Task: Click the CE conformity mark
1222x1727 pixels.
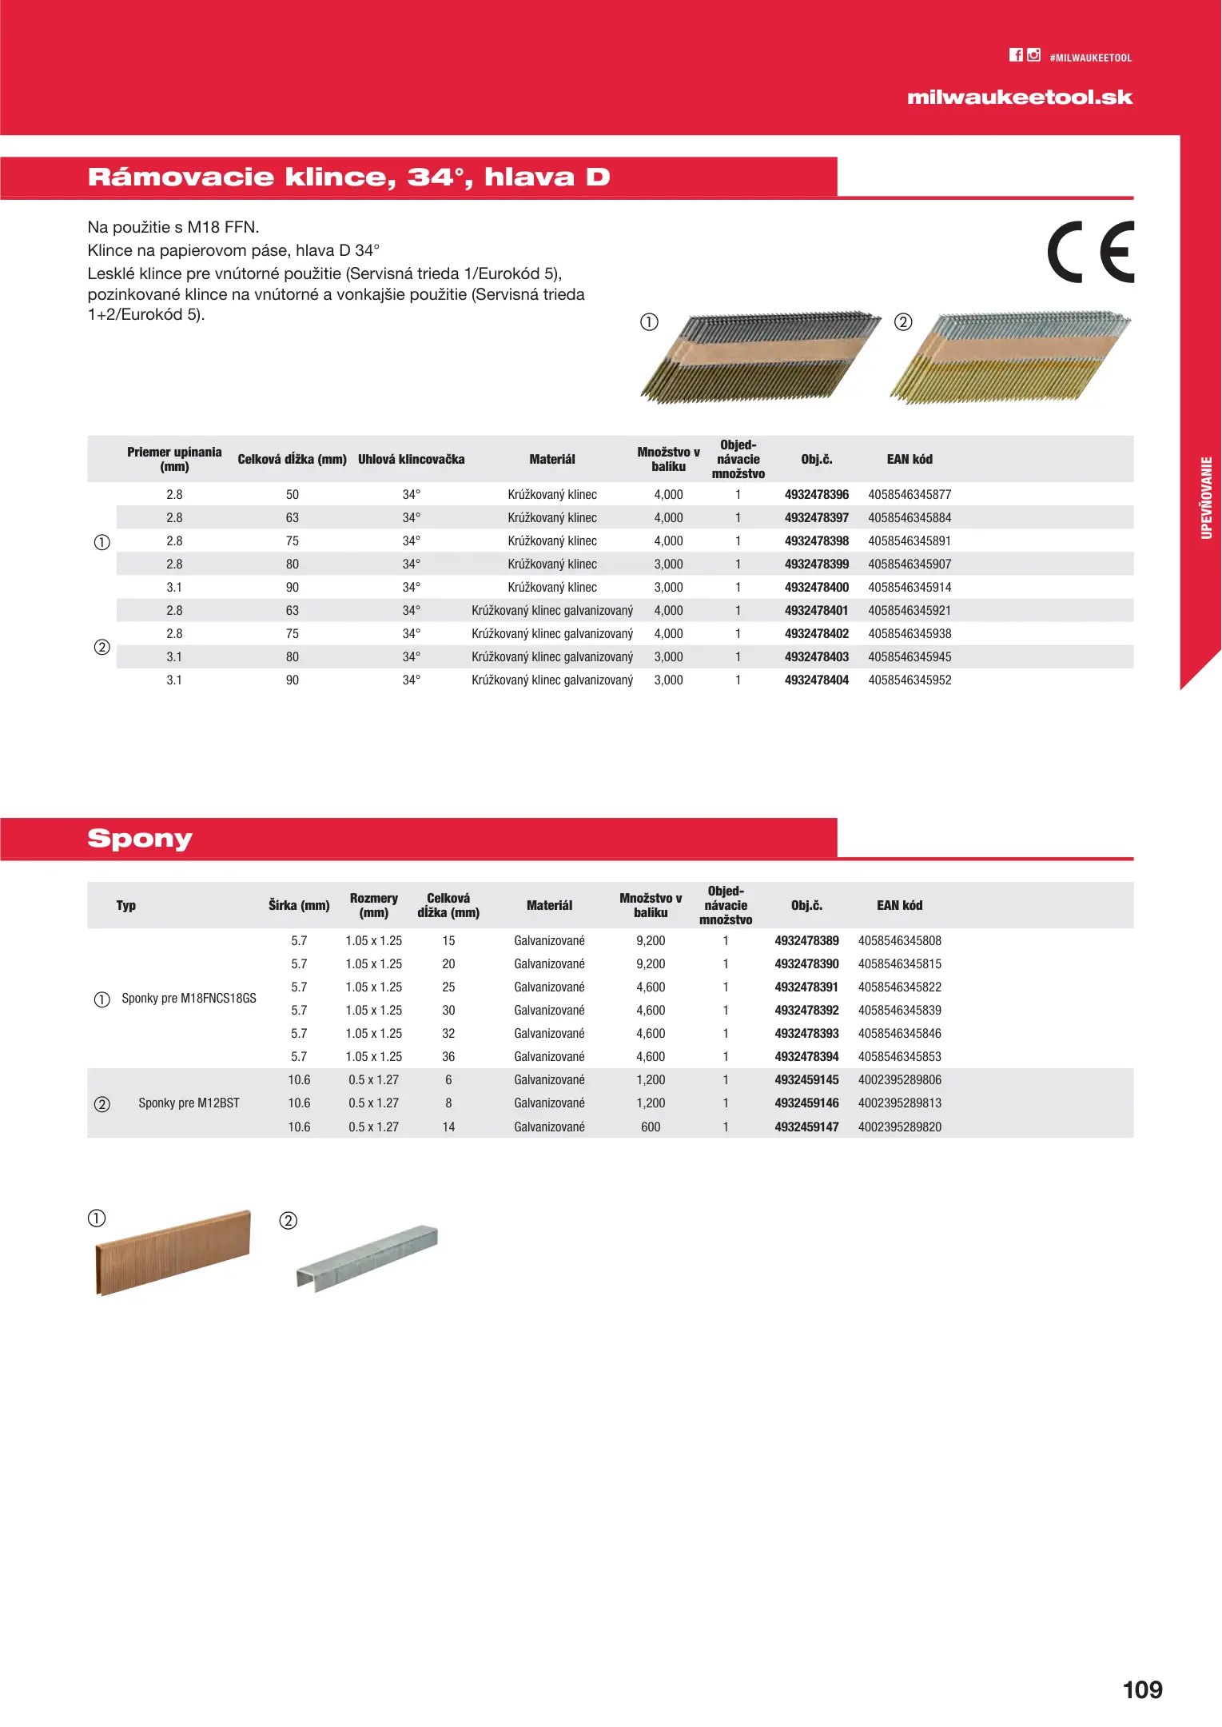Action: (1090, 252)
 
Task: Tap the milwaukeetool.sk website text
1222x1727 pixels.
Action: (1019, 98)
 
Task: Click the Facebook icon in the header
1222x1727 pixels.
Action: (1015, 55)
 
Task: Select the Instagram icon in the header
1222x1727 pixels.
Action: (1033, 55)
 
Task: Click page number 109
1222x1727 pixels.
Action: (1142, 1689)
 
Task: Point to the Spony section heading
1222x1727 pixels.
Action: (140, 839)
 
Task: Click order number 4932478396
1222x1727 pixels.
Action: (816, 495)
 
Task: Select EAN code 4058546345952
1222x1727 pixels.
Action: (910, 680)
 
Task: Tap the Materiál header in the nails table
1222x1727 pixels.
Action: (551, 460)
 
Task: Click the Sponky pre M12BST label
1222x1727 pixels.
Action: (189, 1103)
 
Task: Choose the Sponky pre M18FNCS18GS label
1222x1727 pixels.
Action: (189, 999)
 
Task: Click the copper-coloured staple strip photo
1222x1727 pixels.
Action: (173, 1252)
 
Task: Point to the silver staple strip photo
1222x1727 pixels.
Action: (368, 1257)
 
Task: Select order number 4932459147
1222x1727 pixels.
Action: (806, 1127)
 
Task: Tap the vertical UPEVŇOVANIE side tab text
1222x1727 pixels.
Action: (1207, 497)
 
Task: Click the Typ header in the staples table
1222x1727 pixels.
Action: (126, 906)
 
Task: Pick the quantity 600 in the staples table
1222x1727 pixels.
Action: (651, 1127)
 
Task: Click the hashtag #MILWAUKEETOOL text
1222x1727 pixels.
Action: (1090, 58)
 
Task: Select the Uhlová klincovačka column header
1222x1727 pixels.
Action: (411, 460)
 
